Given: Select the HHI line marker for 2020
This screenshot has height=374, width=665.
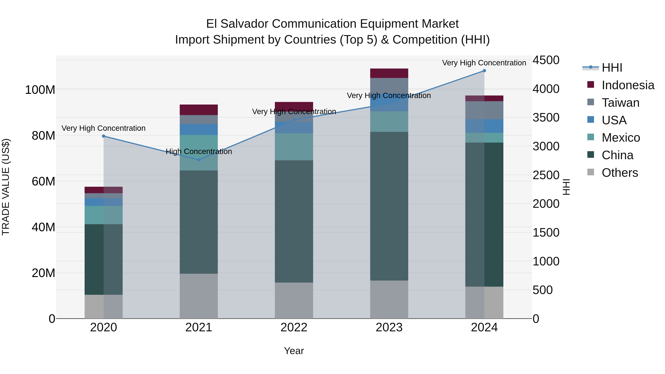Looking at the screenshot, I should (103, 136).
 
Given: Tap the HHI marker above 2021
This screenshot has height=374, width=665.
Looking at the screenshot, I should (199, 160).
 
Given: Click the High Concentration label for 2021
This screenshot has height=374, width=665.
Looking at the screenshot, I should (199, 151).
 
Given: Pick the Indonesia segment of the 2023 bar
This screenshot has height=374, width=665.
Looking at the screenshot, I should (389, 73).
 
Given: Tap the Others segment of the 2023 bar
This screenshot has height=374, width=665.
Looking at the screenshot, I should (389, 299).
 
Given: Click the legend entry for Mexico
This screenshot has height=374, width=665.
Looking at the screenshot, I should (621, 138).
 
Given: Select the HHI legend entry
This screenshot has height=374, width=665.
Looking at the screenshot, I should (612, 68).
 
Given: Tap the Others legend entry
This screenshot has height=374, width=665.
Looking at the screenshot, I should (620, 173).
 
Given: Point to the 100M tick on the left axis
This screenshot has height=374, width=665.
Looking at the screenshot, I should (40, 90).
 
